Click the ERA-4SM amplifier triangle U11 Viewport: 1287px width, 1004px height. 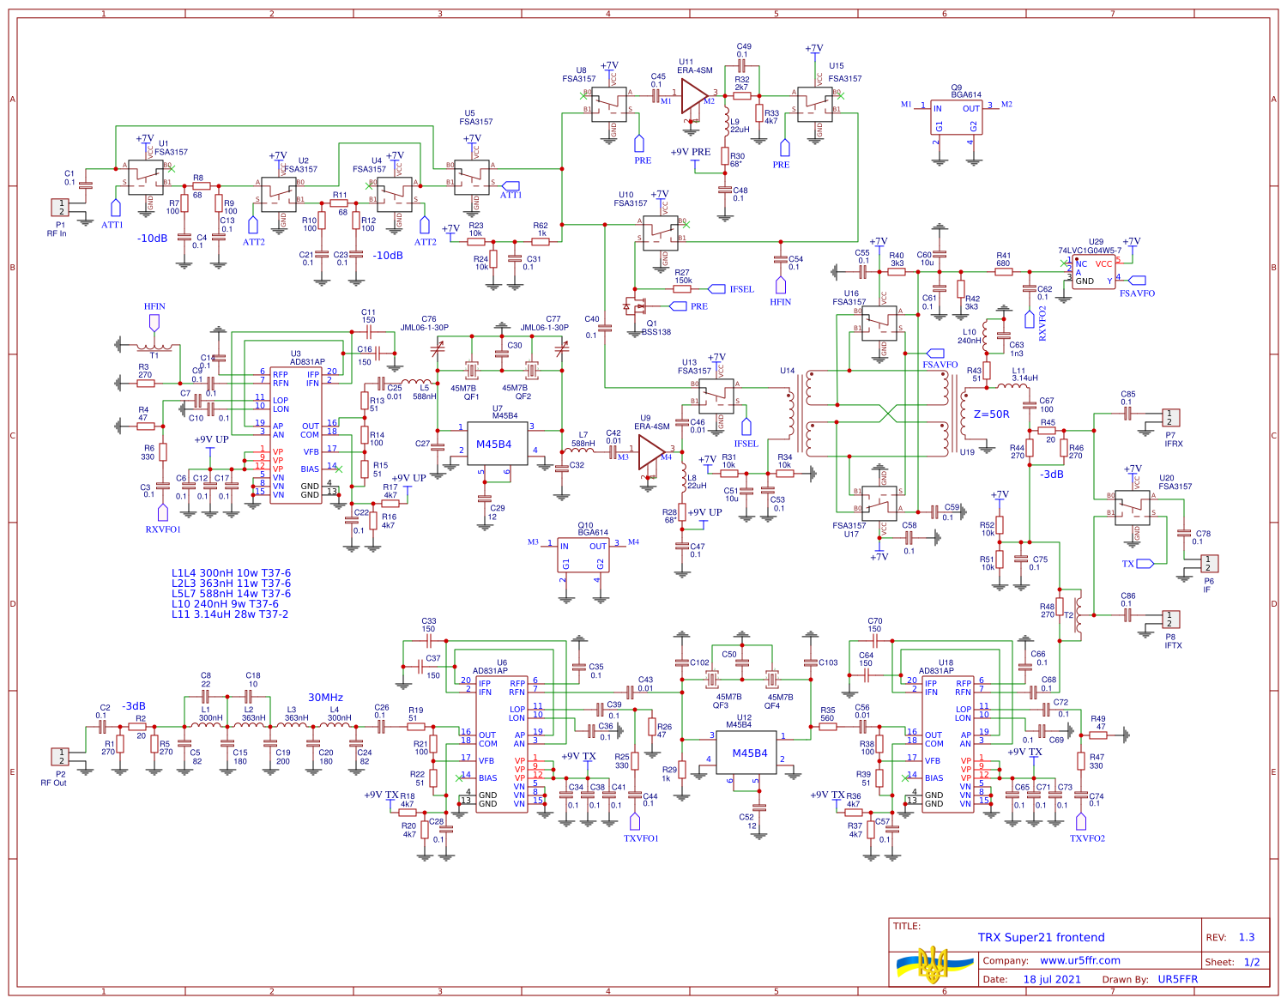coord(693,96)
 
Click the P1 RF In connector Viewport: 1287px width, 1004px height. coord(61,207)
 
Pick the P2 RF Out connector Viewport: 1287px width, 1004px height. coord(60,756)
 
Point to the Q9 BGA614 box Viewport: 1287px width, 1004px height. coord(956,118)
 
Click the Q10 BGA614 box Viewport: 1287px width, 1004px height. coord(583,555)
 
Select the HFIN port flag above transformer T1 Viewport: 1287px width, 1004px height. coord(154,322)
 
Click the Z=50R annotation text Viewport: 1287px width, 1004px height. coord(991,414)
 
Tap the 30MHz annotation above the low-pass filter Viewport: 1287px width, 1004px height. coord(325,698)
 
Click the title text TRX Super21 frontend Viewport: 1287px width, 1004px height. coord(1041,937)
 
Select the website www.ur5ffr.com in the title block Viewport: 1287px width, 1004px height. coord(1079,960)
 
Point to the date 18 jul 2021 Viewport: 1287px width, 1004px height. coord(1051,979)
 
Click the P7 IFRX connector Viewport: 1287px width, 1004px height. coord(1170,418)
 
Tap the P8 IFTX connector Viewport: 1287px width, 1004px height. coord(1170,619)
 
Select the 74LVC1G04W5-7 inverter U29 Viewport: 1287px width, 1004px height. coord(1093,272)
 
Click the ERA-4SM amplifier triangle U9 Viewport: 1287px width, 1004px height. coord(651,451)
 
